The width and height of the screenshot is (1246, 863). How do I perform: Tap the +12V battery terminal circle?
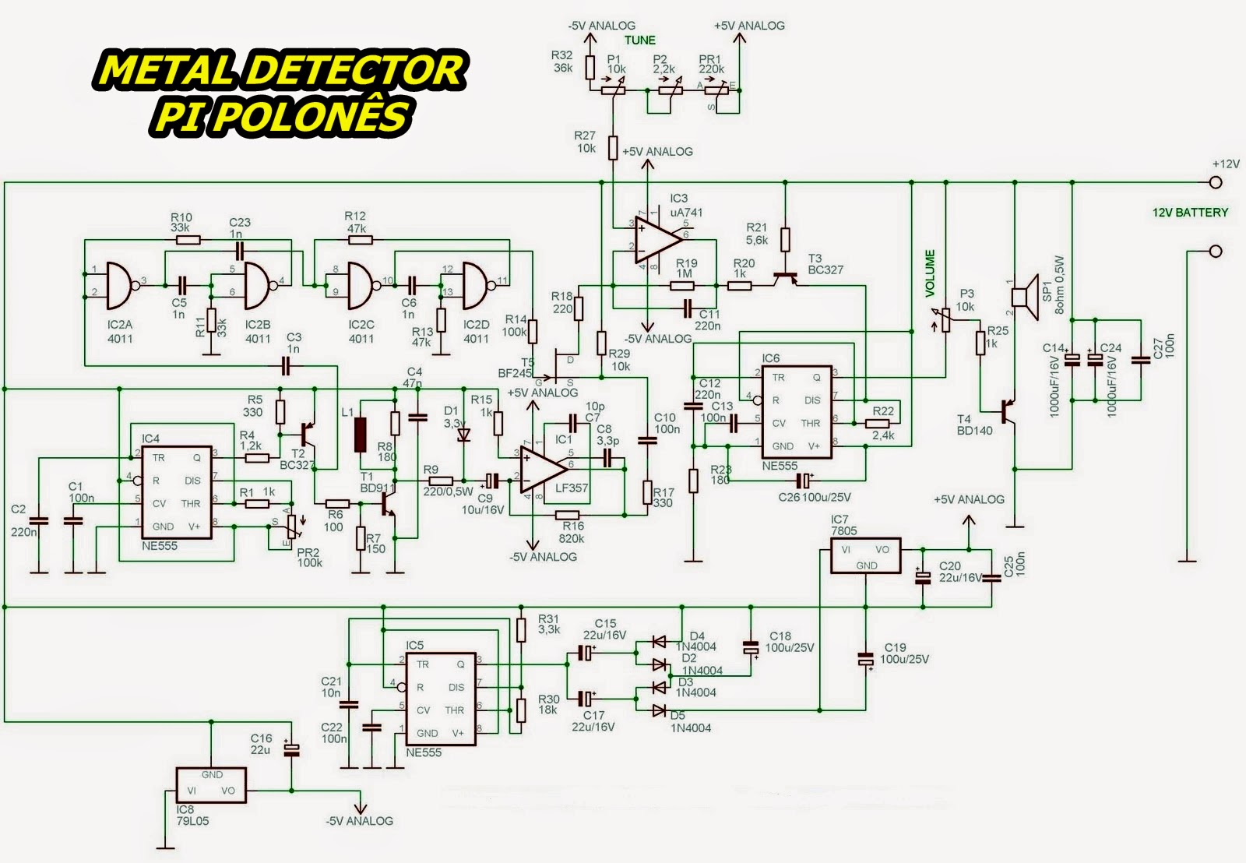[1216, 183]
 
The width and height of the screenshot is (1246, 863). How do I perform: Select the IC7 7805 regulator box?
[865, 555]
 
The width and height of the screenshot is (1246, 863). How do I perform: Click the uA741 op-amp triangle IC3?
[656, 238]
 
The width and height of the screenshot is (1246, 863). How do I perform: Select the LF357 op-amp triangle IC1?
[543, 470]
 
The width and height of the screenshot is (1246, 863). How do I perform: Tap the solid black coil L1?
[360, 435]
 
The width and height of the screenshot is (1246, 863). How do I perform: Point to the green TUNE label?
[640, 40]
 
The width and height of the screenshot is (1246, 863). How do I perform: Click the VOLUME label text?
[930, 273]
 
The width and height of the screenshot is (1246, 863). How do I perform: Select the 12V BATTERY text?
[1190, 212]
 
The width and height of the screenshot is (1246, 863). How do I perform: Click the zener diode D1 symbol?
[464, 434]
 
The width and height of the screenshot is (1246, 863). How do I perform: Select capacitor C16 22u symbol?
[291, 749]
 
